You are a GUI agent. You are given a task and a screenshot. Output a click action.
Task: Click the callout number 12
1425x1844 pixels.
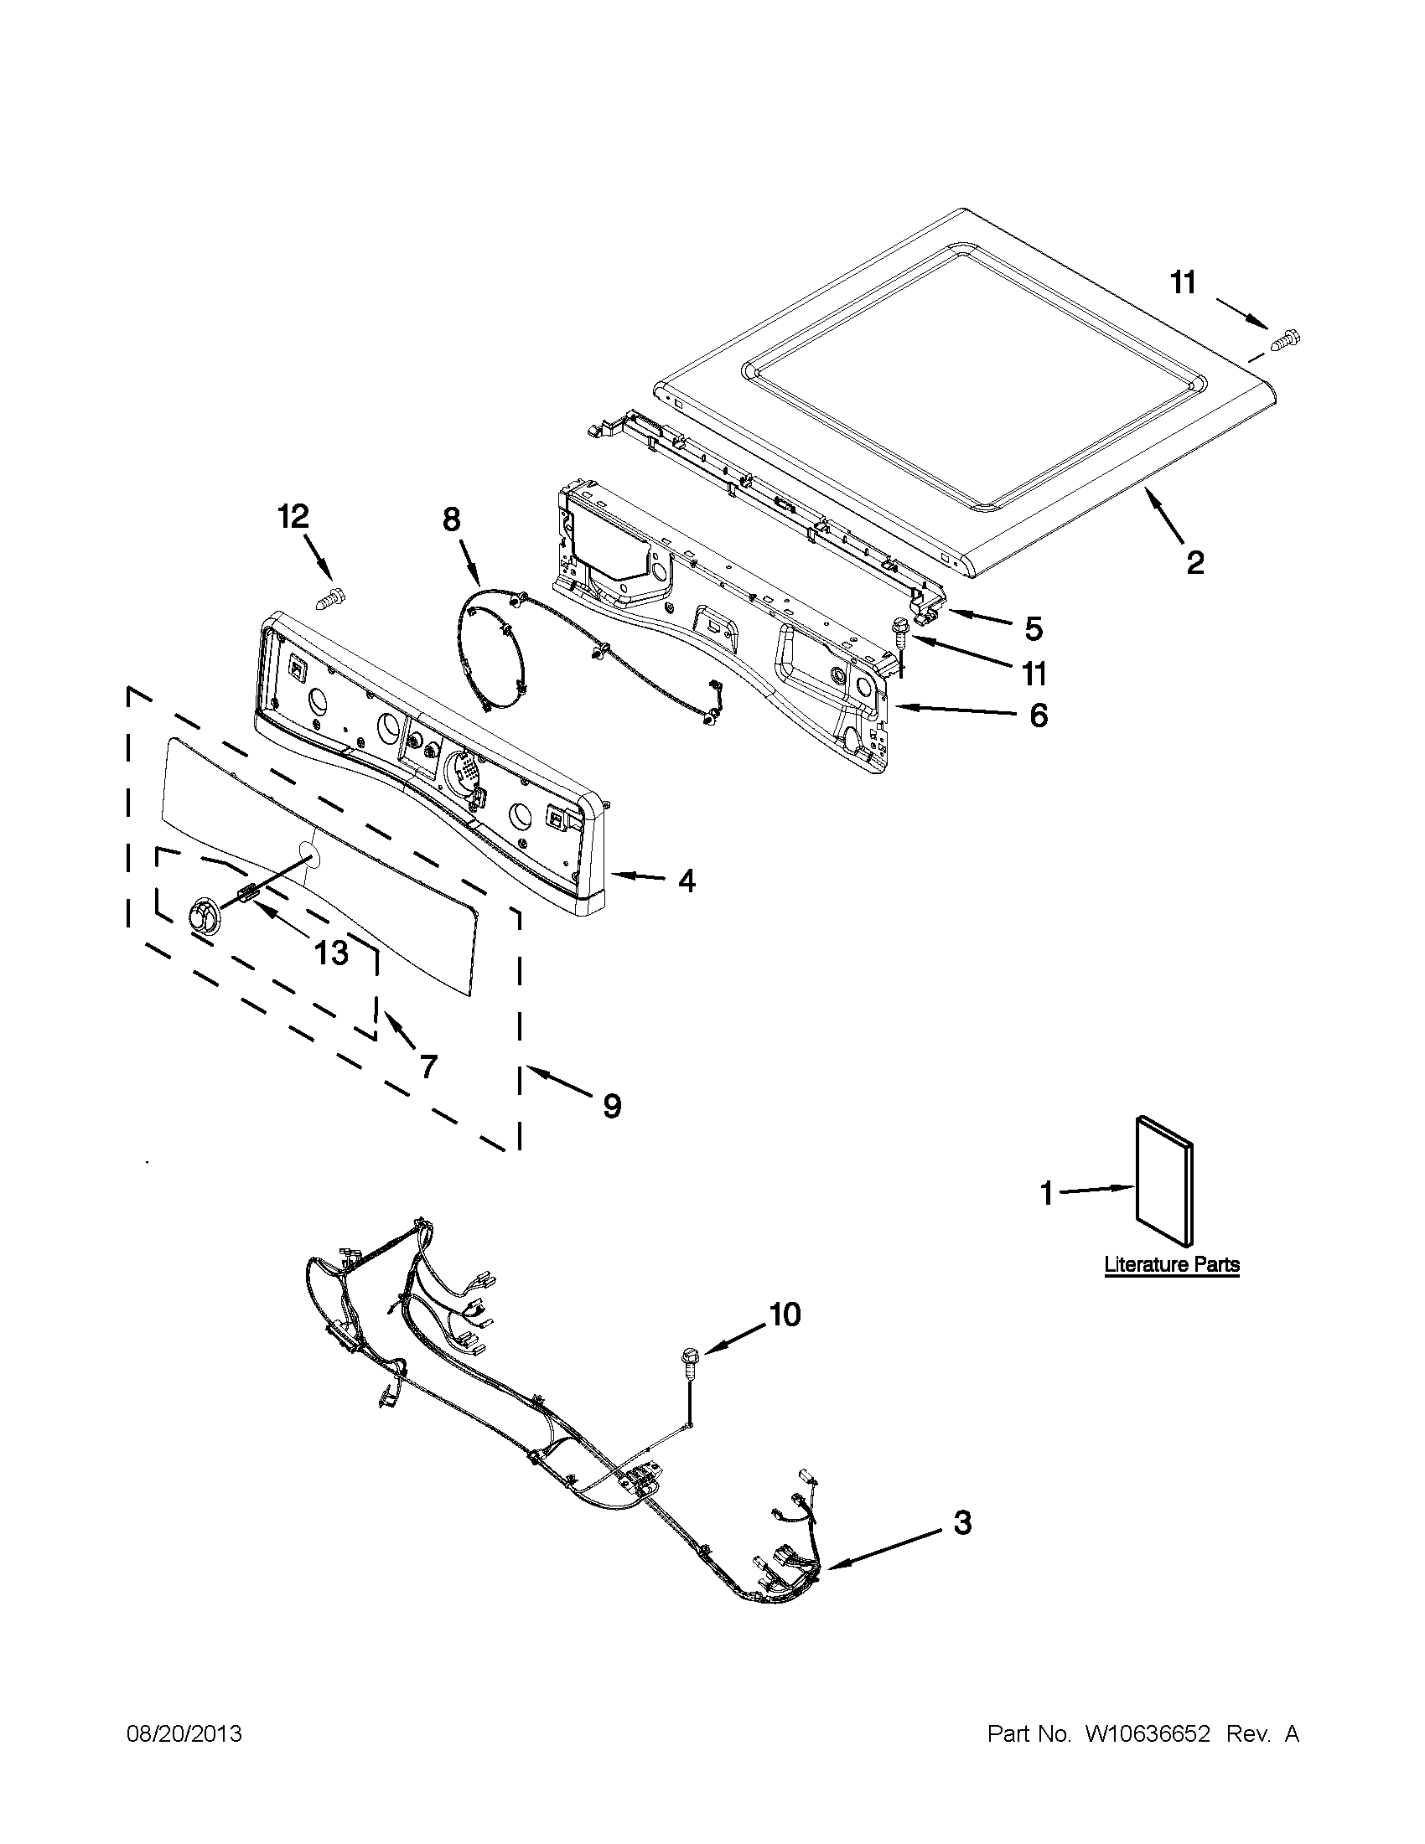coord(294,516)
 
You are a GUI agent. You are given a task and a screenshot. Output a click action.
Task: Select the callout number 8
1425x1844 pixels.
coord(452,519)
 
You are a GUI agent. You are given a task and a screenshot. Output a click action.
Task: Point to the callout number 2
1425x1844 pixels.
coord(1194,562)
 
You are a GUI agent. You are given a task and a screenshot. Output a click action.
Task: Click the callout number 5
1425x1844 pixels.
coord(1034,628)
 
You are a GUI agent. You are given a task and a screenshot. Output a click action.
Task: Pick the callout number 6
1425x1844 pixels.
coord(1038,715)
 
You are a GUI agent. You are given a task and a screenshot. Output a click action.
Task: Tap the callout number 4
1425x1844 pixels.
coord(687,881)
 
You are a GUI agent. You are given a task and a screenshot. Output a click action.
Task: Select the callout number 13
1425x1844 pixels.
coord(330,953)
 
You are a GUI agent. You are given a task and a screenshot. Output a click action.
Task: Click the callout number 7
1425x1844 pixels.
coord(428,1067)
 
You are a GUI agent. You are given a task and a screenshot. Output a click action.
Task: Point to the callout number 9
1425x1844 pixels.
coord(612,1105)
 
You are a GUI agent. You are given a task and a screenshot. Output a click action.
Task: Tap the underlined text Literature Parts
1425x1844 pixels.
coord(1172,1265)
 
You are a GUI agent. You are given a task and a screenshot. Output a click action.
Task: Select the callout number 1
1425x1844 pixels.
coord(1047,1194)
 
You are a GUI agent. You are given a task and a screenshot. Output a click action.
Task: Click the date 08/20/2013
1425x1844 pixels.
coord(184,1734)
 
